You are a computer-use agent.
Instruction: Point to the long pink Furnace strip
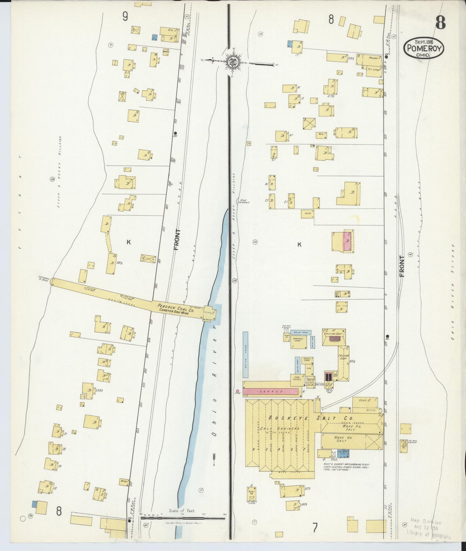pyautogui.click(x=272, y=391)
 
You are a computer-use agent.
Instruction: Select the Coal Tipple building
pyautogui.click(x=297, y=378)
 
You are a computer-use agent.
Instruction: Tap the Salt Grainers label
pyautogui.click(x=280, y=429)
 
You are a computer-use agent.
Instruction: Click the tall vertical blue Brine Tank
pyautogui.click(x=246, y=354)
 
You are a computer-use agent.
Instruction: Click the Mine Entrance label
pyautogui.click(x=242, y=201)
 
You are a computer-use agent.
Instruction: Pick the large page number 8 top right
pyautogui.click(x=440, y=23)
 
